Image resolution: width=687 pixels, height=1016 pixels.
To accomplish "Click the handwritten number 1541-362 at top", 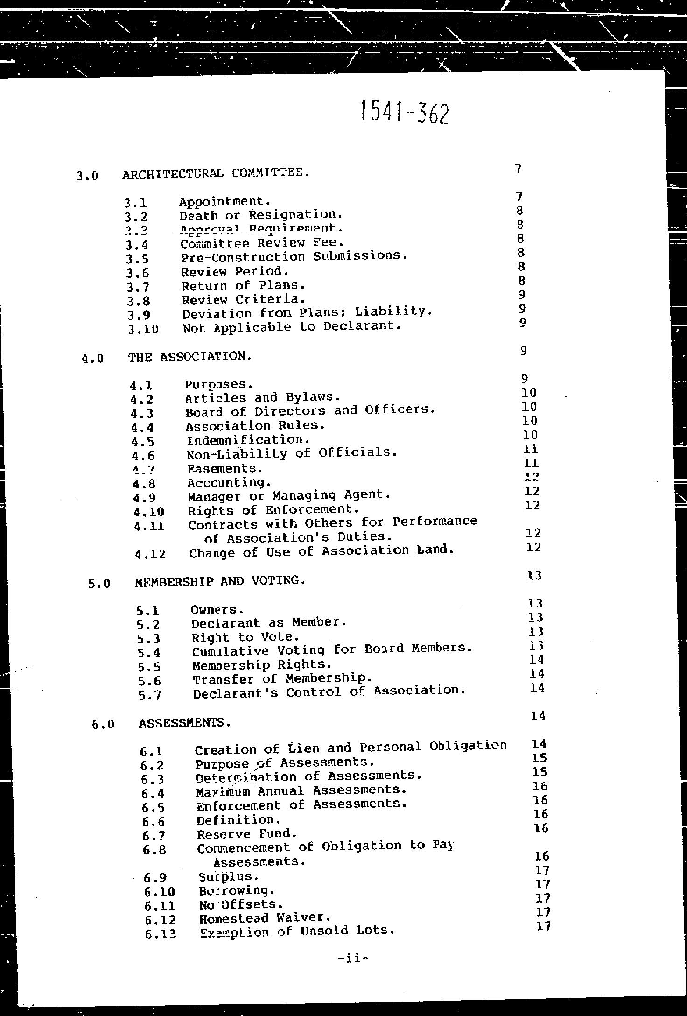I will click(405, 113).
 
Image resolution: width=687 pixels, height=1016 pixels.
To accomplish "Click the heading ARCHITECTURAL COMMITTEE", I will click(216, 174).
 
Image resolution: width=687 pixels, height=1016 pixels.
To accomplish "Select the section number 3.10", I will click(143, 329).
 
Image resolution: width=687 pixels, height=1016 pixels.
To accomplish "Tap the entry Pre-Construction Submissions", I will click(294, 256).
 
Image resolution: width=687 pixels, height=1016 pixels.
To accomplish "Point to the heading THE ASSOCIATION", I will click(190, 357).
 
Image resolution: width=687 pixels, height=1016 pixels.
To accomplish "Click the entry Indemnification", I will click(248, 440).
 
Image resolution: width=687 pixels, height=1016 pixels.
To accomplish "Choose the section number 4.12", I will click(150, 554).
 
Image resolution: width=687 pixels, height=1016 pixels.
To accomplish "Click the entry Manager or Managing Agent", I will click(289, 495).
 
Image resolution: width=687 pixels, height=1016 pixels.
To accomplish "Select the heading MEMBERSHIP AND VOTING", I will click(220, 581).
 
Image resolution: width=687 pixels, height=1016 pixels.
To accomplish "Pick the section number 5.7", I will click(150, 695).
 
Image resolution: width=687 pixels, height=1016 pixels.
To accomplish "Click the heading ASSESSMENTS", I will click(185, 723).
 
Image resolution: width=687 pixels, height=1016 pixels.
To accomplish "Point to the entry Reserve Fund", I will click(247, 834).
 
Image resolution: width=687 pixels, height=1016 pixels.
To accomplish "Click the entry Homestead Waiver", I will click(265, 918).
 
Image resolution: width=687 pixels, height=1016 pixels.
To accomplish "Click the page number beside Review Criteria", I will click(522, 295).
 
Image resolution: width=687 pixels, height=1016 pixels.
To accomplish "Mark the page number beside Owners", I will click(534, 604).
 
